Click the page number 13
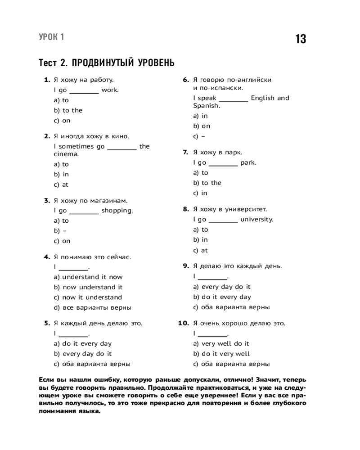(301, 39)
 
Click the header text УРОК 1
(51, 37)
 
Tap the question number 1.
(46, 80)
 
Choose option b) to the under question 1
(68, 110)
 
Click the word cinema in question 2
(66, 154)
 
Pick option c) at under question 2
(61, 184)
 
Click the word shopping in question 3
(117, 210)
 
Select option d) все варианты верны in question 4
(92, 308)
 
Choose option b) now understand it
(88, 287)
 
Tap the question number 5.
(46, 323)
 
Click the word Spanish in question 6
(207, 106)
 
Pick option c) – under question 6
(199, 136)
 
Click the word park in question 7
(248, 162)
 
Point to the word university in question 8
(256, 220)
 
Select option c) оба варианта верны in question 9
(231, 307)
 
